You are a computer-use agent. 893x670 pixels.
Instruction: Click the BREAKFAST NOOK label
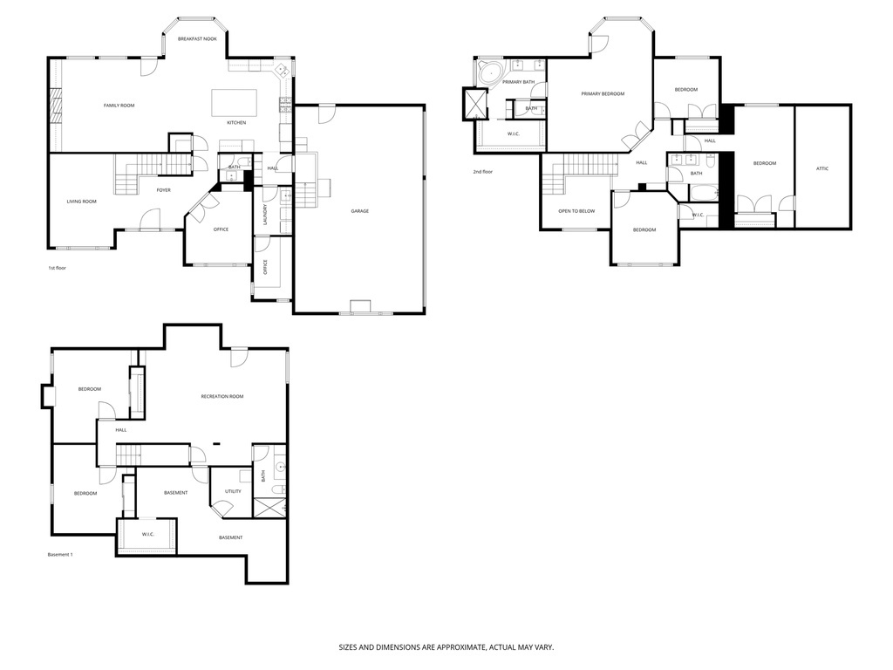tap(197, 39)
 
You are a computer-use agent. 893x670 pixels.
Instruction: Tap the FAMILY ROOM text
tap(119, 106)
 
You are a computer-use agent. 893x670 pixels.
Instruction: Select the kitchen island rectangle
tap(235, 102)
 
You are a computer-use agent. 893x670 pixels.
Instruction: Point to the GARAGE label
tap(359, 211)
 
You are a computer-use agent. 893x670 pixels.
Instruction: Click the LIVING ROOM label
tap(81, 202)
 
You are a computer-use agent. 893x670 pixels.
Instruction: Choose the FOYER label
tap(163, 190)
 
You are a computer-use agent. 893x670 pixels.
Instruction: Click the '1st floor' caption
tap(57, 268)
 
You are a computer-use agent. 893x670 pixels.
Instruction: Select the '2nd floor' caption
tap(483, 172)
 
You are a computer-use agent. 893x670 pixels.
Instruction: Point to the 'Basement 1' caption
tap(59, 554)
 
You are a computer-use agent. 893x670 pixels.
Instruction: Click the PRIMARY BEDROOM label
tap(603, 93)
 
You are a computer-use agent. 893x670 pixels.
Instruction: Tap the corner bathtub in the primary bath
tap(487, 72)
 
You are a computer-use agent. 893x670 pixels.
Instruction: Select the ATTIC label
tap(822, 168)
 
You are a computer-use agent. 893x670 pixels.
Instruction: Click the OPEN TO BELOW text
tap(576, 211)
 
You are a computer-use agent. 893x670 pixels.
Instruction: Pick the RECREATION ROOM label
tap(222, 396)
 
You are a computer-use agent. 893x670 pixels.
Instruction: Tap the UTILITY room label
tap(233, 491)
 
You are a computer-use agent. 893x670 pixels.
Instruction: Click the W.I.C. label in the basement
tap(147, 535)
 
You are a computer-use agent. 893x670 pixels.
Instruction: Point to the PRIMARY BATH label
tap(518, 82)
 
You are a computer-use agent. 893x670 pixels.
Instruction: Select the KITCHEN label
tap(236, 122)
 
